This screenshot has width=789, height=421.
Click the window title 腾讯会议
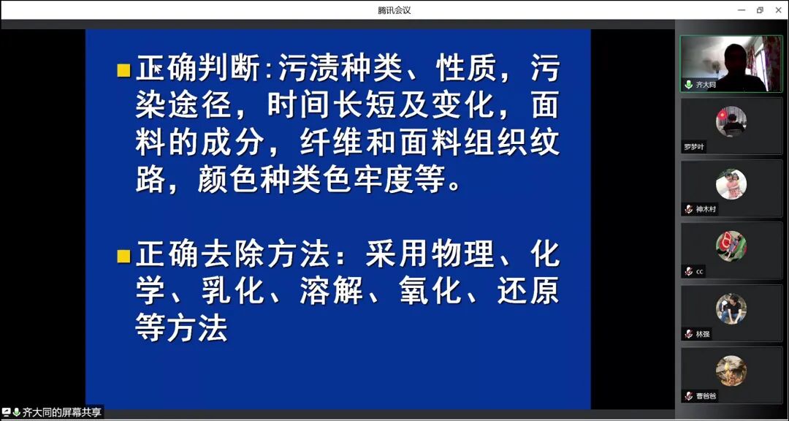click(x=394, y=10)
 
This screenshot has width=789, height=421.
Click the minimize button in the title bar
click(x=742, y=10)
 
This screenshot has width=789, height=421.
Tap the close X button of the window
click(x=777, y=10)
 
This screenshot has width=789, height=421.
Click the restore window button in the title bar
click(x=760, y=10)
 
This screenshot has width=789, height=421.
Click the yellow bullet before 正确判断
click(x=123, y=71)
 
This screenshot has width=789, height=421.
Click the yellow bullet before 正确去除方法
click(x=123, y=257)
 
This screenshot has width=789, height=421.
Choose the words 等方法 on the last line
click(x=182, y=327)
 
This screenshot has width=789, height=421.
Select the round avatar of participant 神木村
click(x=731, y=183)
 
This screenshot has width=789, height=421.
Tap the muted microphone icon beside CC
click(x=688, y=272)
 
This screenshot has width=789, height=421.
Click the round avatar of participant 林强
click(x=731, y=308)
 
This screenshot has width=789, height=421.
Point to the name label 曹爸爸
click(x=706, y=396)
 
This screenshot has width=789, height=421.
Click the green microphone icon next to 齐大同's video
click(x=688, y=85)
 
